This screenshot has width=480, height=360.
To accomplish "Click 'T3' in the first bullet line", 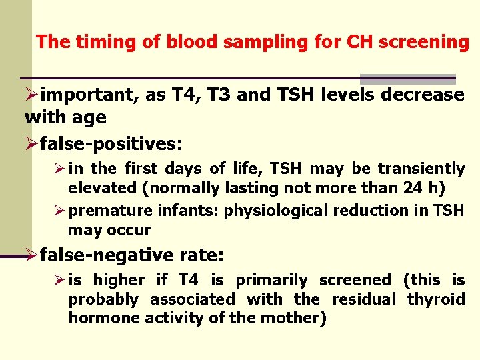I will click(x=215, y=95).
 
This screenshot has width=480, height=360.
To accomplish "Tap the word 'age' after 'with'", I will click(x=92, y=118).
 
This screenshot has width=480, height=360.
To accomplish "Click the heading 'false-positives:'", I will click(x=111, y=143).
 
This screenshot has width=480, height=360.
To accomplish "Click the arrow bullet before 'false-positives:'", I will click(x=31, y=143).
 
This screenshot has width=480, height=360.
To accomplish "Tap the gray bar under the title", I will click(x=407, y=79).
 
